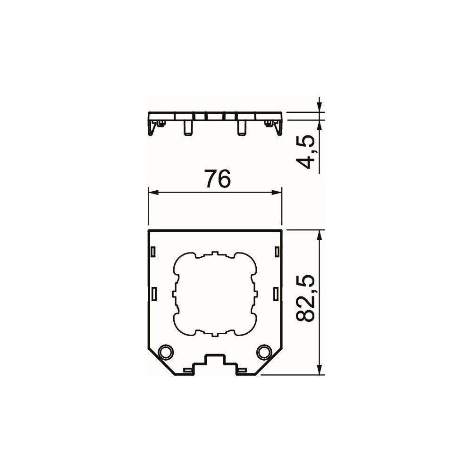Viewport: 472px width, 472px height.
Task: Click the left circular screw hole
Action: pos(166,351)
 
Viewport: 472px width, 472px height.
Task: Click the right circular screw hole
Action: pos(264,351)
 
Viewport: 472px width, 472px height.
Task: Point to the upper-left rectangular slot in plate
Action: pos(153,252)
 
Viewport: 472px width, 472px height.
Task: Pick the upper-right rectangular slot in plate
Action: pos(277,252)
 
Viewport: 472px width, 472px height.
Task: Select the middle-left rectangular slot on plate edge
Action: pos(153,294)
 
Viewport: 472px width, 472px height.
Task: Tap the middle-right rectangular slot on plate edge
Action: pos(276,294)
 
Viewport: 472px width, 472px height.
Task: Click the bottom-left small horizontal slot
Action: pos(187,370)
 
